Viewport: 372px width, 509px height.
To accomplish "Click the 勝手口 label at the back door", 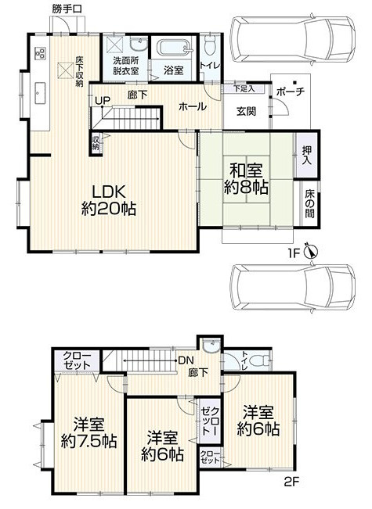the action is coord(67,9).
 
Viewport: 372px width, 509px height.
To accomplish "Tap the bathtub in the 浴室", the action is coord(173,48).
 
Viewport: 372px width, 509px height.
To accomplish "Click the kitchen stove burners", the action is coord(40,53).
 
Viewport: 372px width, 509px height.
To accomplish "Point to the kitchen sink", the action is coord(40,93).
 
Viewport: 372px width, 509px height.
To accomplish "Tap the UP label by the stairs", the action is coord(103,101).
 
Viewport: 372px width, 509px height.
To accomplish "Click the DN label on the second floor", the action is coord(186,360).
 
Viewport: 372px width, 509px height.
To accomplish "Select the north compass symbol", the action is coord(311,251).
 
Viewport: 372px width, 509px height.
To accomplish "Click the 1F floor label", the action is coord(293,253).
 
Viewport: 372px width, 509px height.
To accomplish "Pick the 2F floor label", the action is coord(291,482).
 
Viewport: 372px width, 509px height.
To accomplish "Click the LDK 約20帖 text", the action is coord(109,200).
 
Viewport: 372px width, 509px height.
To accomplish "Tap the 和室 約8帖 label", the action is coord(246,179).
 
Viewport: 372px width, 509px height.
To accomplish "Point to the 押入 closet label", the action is coord(307,155).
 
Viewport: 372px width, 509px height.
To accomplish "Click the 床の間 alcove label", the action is coord(309,203).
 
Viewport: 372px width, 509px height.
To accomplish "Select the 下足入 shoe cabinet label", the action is coord(244,88).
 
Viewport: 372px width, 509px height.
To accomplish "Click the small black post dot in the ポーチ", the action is coord(294,82).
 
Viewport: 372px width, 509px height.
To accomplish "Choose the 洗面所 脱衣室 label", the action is coord(126,66).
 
